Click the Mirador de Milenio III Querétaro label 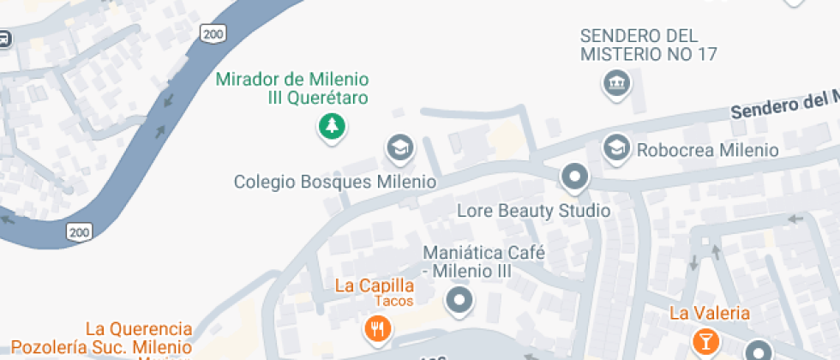(292, 88)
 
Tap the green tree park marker (331, 128)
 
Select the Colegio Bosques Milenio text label (335, 182)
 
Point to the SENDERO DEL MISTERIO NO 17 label (649, 45)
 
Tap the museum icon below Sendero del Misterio (616, 84)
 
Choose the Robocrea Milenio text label (707, 150)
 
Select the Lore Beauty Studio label (533, 210)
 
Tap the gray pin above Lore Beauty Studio (574, 178)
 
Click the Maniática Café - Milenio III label (467, 261)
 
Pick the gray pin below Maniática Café (460, 300)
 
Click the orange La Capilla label (375, 285)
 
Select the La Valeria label (710, 313)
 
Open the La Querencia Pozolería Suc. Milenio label (138, 338)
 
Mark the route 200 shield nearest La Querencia (80, 231)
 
